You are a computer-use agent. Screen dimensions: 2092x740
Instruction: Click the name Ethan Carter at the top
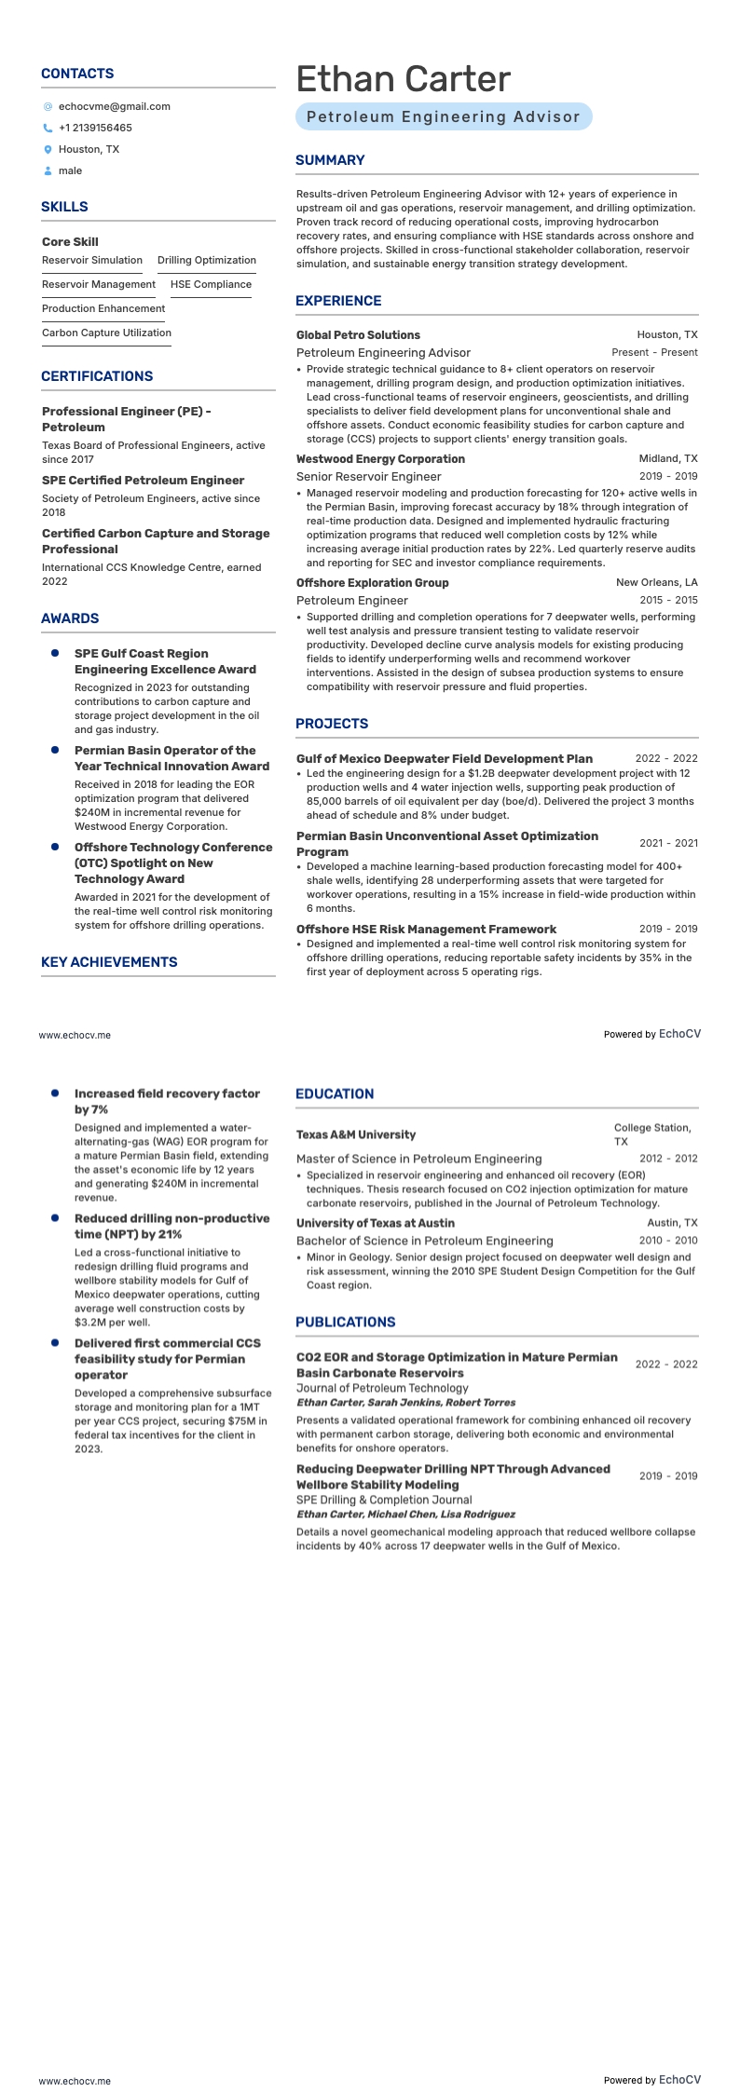(x=403, y=80)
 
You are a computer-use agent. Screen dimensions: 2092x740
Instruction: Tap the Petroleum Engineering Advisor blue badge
(x=444, y=116)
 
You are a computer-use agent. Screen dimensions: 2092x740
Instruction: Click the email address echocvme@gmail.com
(x=114, y=106)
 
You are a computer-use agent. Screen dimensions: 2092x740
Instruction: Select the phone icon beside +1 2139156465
(x=48, y=128)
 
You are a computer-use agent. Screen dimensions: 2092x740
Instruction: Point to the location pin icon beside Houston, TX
(x=48, y=149)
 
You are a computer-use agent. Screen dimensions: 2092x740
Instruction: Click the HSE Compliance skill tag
(x=211, y=284)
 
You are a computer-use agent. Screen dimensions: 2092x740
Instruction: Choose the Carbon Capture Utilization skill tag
(x=106, y=333)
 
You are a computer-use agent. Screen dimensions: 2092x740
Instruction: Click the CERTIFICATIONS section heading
(x=97, y=376)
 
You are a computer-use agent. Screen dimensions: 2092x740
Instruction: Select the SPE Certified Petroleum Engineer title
(x=143, y=481)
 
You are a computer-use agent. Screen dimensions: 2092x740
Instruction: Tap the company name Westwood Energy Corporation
(x=380, y=459)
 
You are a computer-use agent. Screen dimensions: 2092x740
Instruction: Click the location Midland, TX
(x=667, y=459)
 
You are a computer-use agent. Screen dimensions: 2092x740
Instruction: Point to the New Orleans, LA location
(x=656, y=583)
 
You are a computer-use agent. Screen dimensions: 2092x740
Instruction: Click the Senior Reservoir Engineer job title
(x=368, y=477)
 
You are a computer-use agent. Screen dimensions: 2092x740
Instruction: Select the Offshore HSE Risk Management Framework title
(x=426, y=929)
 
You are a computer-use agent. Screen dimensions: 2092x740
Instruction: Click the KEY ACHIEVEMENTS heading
(x=109, y=962)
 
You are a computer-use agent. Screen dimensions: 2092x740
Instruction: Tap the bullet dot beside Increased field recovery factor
(x=55, y=1093)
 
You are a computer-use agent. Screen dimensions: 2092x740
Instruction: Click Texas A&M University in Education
(x=356, y=1134)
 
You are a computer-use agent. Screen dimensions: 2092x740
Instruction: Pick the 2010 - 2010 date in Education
(x=667, y=1241)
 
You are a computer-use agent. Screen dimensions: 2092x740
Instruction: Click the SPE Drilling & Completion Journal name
(x=384, y=1500)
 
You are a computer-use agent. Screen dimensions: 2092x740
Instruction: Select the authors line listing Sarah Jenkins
(x=405, y=1402)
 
